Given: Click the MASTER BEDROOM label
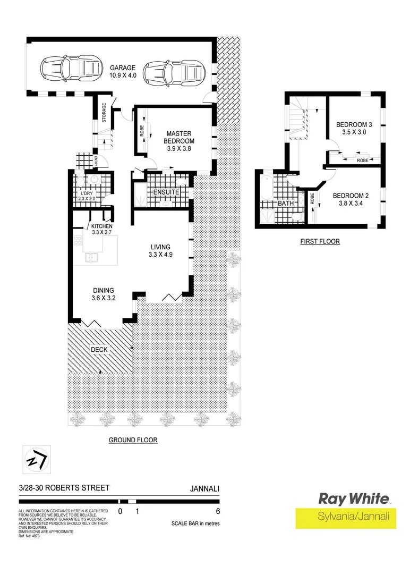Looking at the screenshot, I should pyautogui.click(x=180, y=137).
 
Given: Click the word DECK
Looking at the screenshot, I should pyautogui.click(x=98, y=349).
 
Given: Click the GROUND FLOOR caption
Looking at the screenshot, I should pyautogui.click(x=133, y=440).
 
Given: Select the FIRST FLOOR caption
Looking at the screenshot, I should pyautogui.click(x=320, y=241).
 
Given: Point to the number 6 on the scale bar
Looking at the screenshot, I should pyautogui.click(x=218, y=512).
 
